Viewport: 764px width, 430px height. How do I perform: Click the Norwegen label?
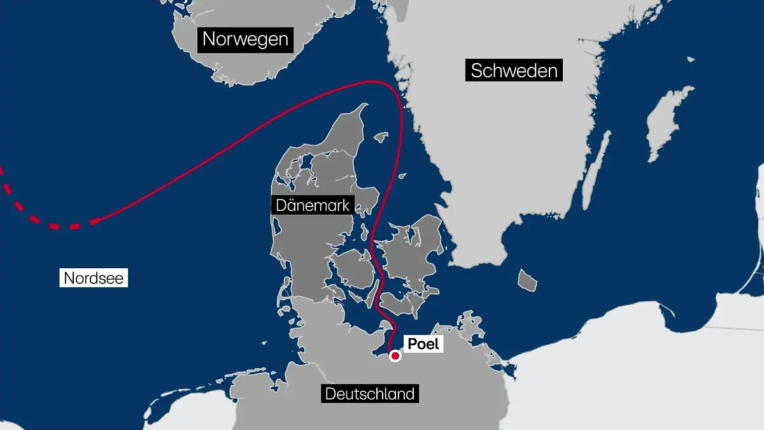(246, 39)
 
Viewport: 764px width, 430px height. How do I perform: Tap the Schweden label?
(514, 70)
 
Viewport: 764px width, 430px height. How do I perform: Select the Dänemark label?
(313, 205)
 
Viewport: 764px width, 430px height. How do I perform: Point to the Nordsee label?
(94, 278)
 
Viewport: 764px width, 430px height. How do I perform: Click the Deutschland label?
(370, 394)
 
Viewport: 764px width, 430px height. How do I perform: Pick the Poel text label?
(423, 345)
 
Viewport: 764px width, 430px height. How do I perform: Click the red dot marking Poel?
(395, 357)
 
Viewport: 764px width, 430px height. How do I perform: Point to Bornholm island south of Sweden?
(527, 280)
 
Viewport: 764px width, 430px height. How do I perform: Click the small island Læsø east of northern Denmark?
(381, 136)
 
